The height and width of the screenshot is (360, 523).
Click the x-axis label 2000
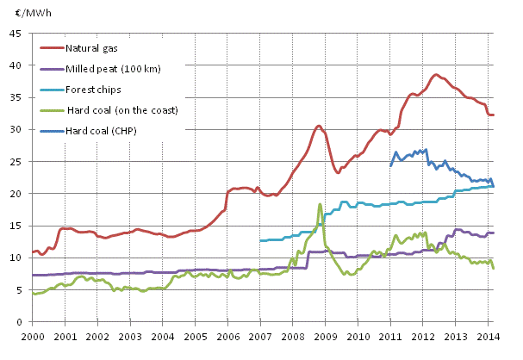coord(33,336)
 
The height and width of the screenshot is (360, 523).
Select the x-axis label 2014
coord(488,336)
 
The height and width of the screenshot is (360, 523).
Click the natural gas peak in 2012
coord(436,75)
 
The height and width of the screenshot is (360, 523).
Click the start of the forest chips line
coord(260,240)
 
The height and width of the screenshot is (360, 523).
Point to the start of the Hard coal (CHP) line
coord(390,165)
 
